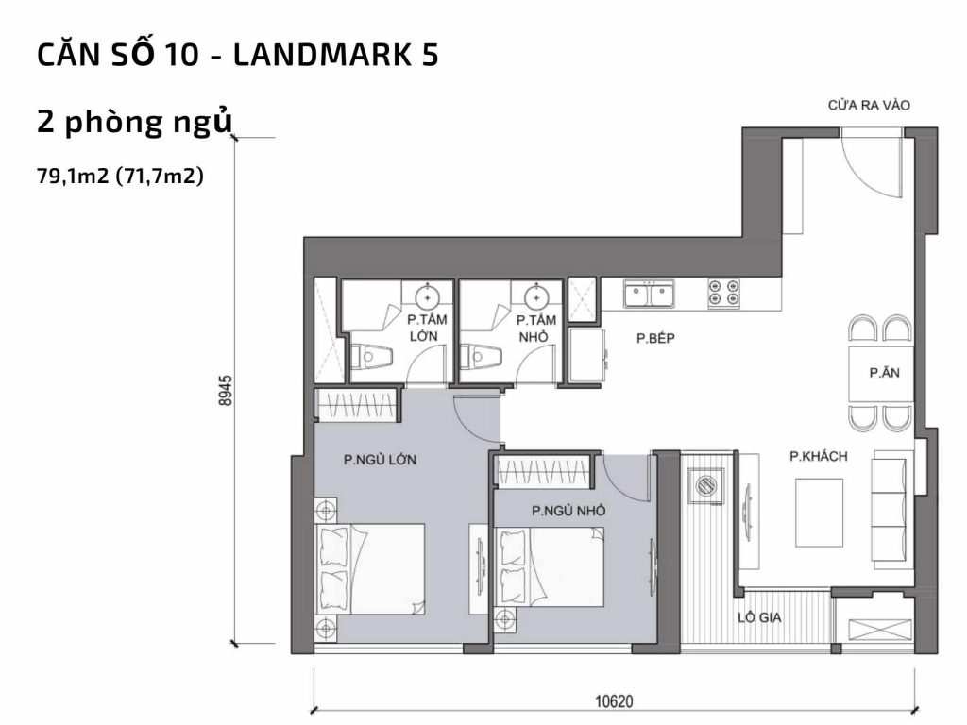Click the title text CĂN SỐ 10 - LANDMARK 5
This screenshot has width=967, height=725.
click(237, 56)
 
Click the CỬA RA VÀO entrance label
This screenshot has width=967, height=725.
click(869, 105)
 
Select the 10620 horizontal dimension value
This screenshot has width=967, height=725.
click(614, 701)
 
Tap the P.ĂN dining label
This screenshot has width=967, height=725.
click(884, 373)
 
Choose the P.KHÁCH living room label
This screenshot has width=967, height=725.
click(818, 457)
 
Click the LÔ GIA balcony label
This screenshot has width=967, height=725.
click(764, 619)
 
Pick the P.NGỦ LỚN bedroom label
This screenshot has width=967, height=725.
click(380, 461)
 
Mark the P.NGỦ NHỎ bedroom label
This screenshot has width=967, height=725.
click(568, 511)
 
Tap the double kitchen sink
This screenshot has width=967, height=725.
click(649, 295)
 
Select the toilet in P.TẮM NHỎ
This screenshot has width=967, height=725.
click(480, 358)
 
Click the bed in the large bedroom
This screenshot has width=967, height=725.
click(370, 566)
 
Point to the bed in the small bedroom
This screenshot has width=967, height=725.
click(551, 566)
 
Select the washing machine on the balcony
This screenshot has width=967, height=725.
click(704, 488)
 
